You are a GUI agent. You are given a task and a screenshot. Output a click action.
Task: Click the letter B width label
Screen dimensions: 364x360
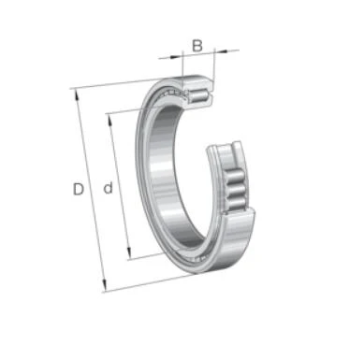point(197,46)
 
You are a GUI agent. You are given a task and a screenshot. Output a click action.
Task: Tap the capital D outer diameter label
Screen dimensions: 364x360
point(79,189)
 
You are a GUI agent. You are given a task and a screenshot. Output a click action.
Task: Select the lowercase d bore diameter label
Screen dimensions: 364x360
point(108,188)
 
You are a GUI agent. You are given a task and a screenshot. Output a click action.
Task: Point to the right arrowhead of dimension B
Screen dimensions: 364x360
point(221,51)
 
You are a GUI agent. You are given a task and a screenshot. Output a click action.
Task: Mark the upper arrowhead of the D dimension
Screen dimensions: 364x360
point(76,94)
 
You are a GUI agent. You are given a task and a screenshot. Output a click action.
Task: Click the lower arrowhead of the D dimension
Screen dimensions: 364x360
point(104,285)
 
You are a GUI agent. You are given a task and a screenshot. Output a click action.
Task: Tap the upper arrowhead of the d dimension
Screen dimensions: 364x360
point(109,119)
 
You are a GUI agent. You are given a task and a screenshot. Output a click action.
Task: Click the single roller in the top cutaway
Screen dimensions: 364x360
point(197,95)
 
